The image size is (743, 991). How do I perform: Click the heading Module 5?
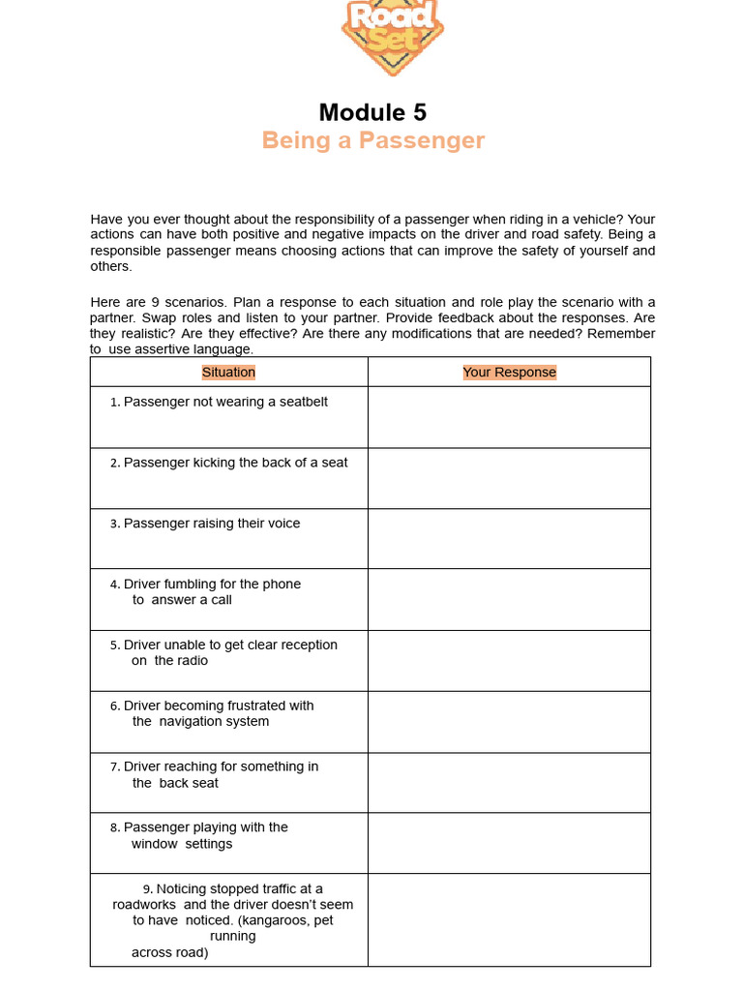(372, 111)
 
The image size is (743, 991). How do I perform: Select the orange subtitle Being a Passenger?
(372, 140)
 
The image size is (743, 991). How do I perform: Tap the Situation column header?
(228, 372)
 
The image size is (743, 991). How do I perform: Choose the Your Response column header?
(509, 372)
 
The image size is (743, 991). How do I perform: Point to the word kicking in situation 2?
(214, 463)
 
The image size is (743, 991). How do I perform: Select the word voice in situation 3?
(281, 524)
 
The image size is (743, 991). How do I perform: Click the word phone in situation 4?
(282, 584)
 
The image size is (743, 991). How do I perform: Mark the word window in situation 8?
(155, 844)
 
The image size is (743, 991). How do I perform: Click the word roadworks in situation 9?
(144, 905)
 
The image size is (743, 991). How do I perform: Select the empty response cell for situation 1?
(509, 417)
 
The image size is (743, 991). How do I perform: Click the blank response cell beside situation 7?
(509, 783)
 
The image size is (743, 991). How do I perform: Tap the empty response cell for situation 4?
(509, 600)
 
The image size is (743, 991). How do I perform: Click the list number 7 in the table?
(114, 767)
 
